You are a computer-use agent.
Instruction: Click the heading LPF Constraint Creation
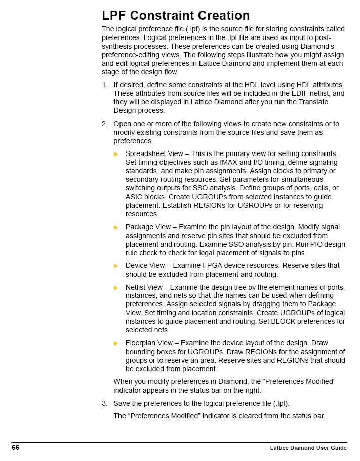pyautogui.click(x=176, y=16)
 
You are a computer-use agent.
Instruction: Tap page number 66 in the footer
pyautogui.click(x=16, y=447)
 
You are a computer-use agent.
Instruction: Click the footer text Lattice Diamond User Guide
pyautogui.click(x=308, y=448)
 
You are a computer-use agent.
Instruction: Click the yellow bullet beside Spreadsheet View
pyautogui.click(x=116, y=154)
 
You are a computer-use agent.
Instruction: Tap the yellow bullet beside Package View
pyautogui.click(x=116, y=227)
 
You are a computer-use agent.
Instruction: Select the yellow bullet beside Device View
pyautogui.click(x=116, y=266)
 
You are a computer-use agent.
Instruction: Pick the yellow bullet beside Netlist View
pyautogui.click(x=116, y=288)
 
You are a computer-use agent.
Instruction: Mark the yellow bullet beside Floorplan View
pyautogui.click(x=116, y=343)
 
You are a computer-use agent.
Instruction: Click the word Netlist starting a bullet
pyautogui.click(x=135, y=287)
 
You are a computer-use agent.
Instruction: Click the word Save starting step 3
pyautogui.click(x=122, y=403)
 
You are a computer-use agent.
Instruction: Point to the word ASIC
pyautogui.click(x=134, y=197)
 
